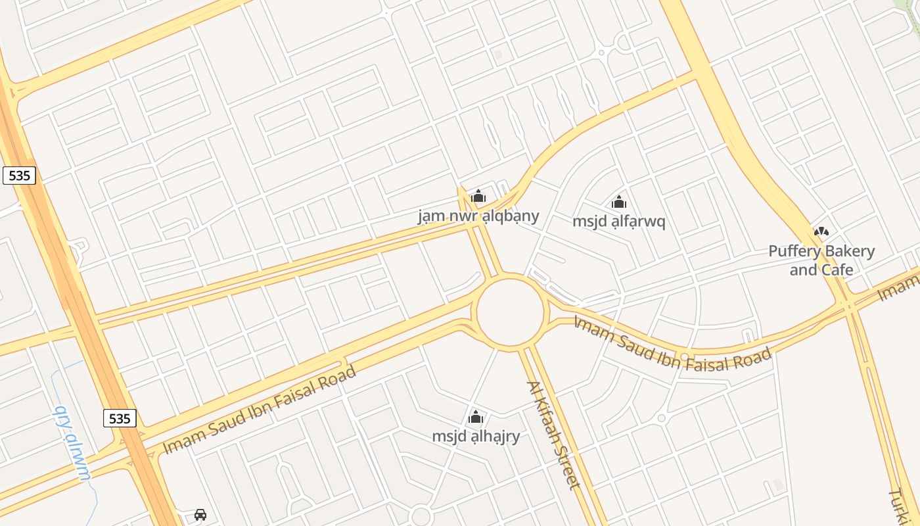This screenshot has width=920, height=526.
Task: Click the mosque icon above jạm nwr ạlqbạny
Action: [x=478, y=196]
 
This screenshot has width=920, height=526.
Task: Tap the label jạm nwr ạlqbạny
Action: [x=478, y=216]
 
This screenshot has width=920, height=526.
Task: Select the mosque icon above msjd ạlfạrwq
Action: [x=618, y=202]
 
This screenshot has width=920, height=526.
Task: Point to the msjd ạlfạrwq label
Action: [x=618, y=221]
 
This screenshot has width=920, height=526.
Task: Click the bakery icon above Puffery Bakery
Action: [x=821, y=231]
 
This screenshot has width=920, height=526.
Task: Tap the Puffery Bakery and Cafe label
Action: [x=821, y=260]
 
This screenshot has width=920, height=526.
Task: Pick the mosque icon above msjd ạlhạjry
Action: [x=476, y=417]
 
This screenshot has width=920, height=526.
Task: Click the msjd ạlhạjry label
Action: [x=476, y=436]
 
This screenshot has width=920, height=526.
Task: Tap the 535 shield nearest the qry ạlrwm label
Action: [x=120, y=418]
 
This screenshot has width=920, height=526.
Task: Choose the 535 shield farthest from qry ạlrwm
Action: [x=19, y=175]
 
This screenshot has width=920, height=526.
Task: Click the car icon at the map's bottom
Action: [x=200, y=514]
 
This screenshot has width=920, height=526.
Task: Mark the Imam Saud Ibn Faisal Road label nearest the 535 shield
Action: [x=260, y=409]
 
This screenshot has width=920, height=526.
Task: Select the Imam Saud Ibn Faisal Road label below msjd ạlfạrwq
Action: [x=672, y=343]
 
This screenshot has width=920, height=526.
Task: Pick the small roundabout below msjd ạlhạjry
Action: [x=421, y=516]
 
